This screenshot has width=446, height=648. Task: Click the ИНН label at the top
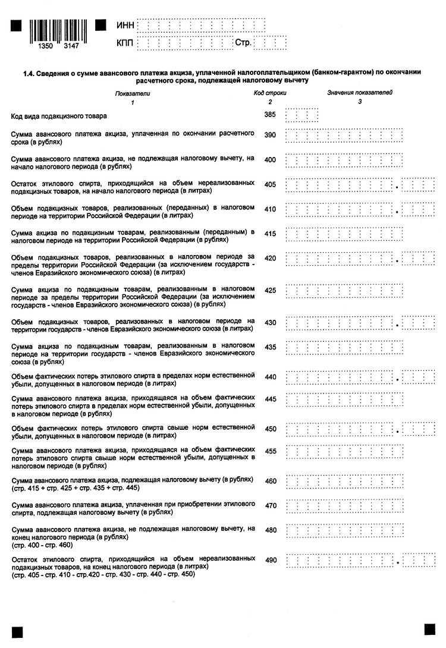pyautogui.click(x=125, y=25)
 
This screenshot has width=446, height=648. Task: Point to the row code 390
pyautogui.click(x=270, y=135)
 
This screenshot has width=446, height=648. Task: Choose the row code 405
pyautogui.click(x=270, y=184)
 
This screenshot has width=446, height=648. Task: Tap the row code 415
pyautogui.click(x=270, y=234)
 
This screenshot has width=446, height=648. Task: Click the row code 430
pyautogui.click(x=270, y=323)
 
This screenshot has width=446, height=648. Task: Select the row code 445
pyautogui.click(x=270, y=398)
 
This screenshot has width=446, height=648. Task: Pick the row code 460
pyautogui.click(x=270, y=481)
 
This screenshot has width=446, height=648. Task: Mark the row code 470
pyautogui.click(x=270, y=506)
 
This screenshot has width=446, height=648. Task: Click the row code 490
pyautogui.click(x=270, y=560)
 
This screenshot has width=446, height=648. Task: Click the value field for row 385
pyautogui.click(x=301, y=115)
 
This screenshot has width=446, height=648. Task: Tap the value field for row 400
pyautogui.click(x=344, y=160)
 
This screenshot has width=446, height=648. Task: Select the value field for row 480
pyautogui.click(x=344, y=530)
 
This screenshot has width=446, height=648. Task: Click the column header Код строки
pyautogui.click(x=270, y=93)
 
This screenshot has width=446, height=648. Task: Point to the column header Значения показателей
pyautogui.click(x=360, y=93)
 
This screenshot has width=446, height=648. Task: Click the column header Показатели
pyautogui.click(x=133, y=93)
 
